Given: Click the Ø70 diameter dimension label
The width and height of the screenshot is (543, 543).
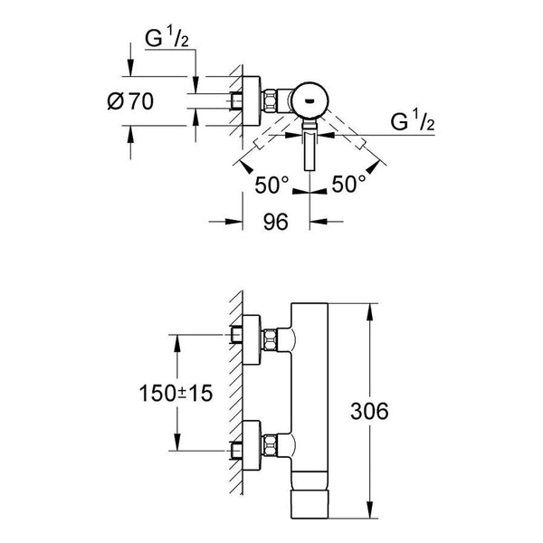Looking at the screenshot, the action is (x=130, y=101).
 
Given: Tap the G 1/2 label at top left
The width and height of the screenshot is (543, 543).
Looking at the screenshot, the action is (x=167, y=38).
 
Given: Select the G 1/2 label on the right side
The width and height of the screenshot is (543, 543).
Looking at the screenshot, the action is (x=413, y=121).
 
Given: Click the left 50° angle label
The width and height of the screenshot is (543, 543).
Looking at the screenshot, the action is (x=271, y=185).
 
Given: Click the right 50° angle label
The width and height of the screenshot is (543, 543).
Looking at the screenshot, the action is (x=348, y=184).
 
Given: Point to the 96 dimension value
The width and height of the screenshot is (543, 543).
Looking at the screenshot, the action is (x=276, y=222).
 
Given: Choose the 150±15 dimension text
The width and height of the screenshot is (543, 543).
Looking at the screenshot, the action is (x=176, y=394).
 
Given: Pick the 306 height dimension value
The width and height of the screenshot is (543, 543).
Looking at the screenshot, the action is (x=369, y=411).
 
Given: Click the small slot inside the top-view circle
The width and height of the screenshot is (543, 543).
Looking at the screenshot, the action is (x=310, y=100).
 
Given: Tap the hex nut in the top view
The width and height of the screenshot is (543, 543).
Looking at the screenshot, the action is (x=270, y=100).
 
